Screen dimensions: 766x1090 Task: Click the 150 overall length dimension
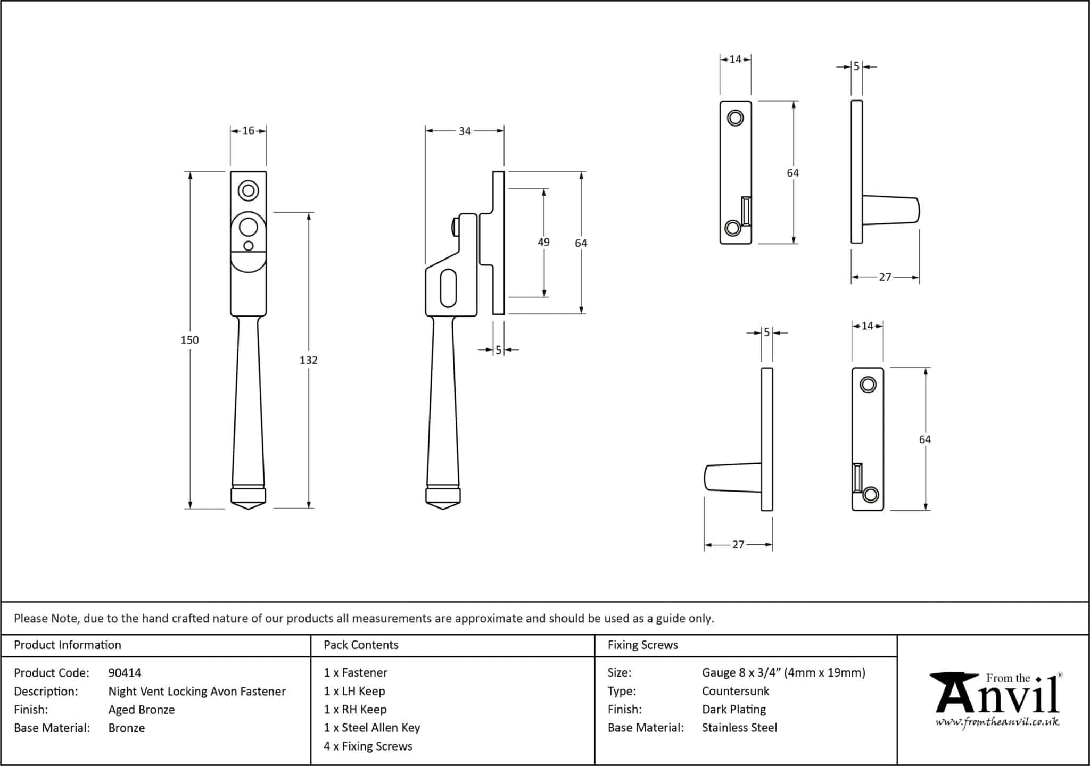coord(189,340)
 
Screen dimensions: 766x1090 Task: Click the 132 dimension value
coord(308,360)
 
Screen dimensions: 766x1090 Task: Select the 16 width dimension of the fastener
coord(248,131)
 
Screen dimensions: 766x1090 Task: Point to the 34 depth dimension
coord(465,131)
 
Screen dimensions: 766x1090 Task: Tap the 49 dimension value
coord(543,242)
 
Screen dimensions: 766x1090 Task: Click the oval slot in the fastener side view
coord(449,288)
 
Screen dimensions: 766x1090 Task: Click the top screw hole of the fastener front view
coord(248,190)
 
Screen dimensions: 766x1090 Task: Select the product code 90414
coord(125,673)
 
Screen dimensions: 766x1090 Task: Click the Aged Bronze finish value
coord(142,710)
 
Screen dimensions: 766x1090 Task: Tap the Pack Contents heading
coord(361,645)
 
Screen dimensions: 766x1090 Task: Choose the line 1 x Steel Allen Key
coord(371,728)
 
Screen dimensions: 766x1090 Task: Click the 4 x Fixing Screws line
coord(368,746)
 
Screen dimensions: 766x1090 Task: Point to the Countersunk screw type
coord(736,692)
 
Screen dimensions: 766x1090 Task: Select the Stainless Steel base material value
coord(739,728)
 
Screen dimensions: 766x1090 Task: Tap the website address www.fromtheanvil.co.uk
coord(997,722)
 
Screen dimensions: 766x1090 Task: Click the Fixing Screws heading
coord(642,645)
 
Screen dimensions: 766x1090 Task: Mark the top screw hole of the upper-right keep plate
coord(736,118)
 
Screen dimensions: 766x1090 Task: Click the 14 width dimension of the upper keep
coord(736,60)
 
